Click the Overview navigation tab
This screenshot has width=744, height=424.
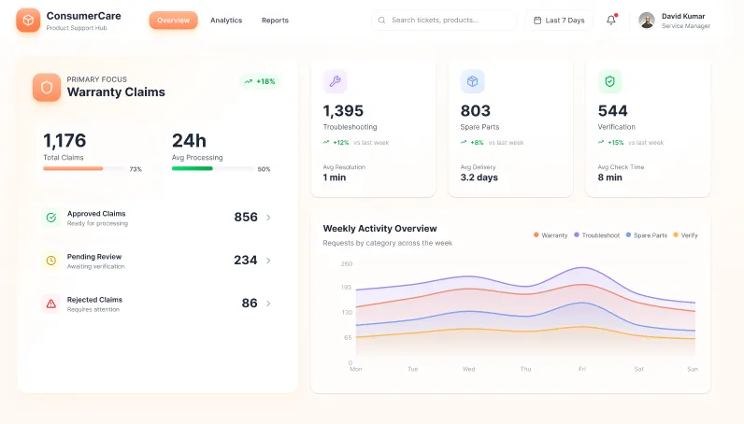click(x=173, y=21)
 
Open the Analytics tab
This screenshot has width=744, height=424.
click(x=226, y=21)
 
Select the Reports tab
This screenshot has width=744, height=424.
click(x=275, y=21)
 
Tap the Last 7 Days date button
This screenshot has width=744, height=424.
click(x=559, y=21)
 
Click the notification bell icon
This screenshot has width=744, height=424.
click(x=611, y=20)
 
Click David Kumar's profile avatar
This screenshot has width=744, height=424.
click(x=647, y=21)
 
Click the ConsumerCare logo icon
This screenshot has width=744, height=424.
click(x=28, y=20)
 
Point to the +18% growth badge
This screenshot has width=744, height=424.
click(x=260, y=81)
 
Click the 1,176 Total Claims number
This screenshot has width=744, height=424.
click(x=64, y=141)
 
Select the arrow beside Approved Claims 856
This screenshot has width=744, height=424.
click(x=268, y=218)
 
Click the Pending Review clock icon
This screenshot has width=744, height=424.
click(x=50, y=261)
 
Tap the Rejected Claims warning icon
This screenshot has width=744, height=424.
click(x=50, y=304)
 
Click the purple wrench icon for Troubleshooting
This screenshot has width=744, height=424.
click(x=335, y=81)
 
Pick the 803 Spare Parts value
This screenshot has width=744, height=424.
click(x=475, y=111)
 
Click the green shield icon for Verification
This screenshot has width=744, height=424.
click(x=609, y=81)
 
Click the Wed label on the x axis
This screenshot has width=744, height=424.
click(x=468, y=369)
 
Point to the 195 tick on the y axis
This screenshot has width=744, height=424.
click(x=346, y=288)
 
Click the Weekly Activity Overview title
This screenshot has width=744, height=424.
click(x=379, y=228)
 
